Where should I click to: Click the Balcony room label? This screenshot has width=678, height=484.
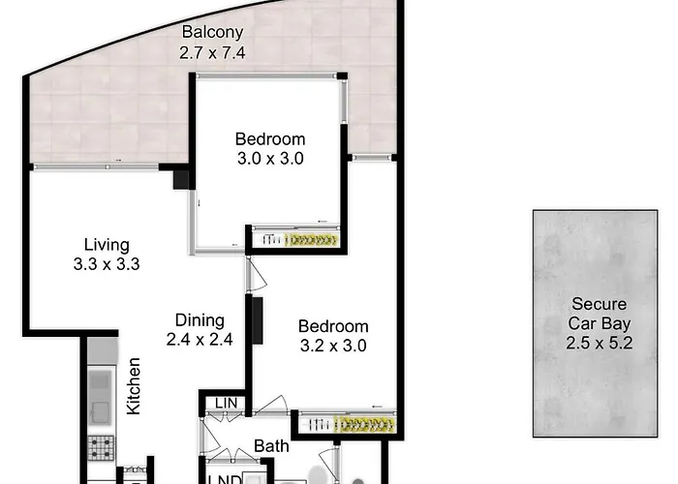click(x=212, y=32)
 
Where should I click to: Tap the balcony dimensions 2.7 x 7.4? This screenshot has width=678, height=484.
click(x=212, y=52)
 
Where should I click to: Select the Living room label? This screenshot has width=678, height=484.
click(x=107, y=245)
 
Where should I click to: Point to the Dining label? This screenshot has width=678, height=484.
click(x=200, y=320)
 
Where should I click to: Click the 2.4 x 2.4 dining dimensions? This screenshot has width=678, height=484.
click(x=200, y=340)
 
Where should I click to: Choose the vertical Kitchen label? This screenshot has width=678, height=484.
click(x=134, y=386)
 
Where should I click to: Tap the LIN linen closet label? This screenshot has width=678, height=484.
click(x=226, y=404)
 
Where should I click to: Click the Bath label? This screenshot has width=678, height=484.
click(x=271, y=446)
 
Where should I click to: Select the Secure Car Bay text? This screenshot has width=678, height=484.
click(x=599, y=314)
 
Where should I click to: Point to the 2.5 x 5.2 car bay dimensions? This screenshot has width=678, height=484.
click(x=599, y=343)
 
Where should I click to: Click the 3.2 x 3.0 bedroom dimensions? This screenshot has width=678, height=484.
click(x=333, y=346)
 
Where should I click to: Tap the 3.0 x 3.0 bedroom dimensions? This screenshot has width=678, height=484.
click(x=270, y=159)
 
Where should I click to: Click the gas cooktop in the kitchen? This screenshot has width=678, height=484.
click(x=102, y=447)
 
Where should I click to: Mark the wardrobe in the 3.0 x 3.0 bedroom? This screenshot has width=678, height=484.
click(x=295, y=237)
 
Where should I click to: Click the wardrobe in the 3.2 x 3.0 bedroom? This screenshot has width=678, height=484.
click(x=347, y=423)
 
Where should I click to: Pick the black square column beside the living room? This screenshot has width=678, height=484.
click(x=181, y=179)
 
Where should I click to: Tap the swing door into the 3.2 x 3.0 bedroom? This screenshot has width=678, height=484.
click(x=257, y=274)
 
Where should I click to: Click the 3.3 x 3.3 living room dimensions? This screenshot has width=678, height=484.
click(x=107, y=264)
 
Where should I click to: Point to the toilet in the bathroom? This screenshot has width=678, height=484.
click(x=320, y=475)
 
